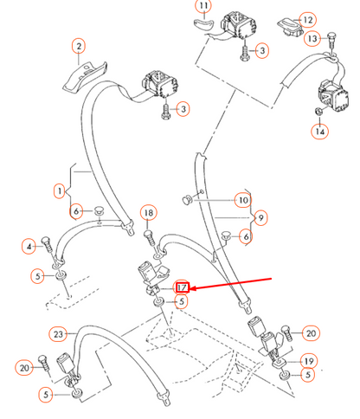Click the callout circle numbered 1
click(x=59, y=190)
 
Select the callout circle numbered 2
click(x=78, y=46)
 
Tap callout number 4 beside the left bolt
click(x=30, y=247)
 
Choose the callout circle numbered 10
click(x=244, y=201)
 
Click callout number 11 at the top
click(x=202, y=10)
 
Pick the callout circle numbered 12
click(x=308, y=20)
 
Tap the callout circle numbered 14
click(x=319, y=132)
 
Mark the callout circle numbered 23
click(x=58, y=333)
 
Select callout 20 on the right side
click(x=312, y=332)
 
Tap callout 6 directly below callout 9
click(x=247, y=236)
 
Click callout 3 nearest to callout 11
click(x=262, y=51)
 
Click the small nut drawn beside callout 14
click(x=319, y=111)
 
